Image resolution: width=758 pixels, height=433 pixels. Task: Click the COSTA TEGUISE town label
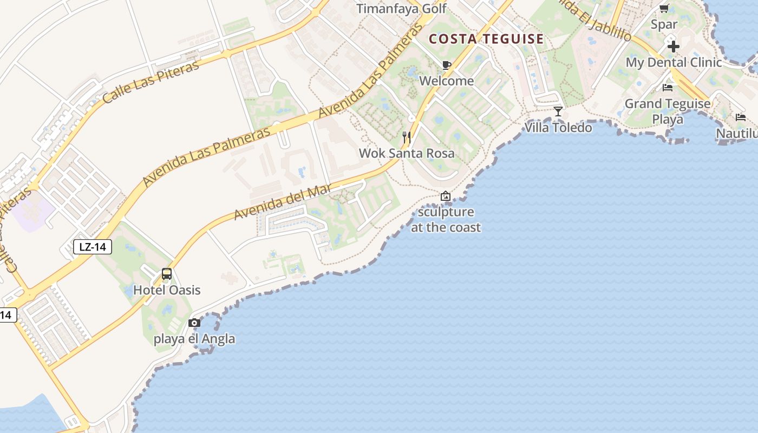pyautogui.click(x=486, y=39)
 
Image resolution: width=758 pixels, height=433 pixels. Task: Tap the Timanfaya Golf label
pyautogui.click(x=402, y=9)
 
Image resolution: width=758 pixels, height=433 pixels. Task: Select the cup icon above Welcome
pyautogui.click(x=446, y=65)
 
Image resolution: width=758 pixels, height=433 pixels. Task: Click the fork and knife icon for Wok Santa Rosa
pyautogui.click(x=407, y=137)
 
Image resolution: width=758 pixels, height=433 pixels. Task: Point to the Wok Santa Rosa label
pyautogui.click(x=407, y=153)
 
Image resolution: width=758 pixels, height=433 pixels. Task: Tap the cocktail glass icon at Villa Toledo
pyautogui.click(x=558, y=111)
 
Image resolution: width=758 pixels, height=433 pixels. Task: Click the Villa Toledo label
pyautogui.click(x=558, y=128)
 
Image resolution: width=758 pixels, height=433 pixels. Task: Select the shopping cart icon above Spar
pyautogui.click(x=664, y=8)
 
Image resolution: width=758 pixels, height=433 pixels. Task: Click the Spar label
pyautogui.click(x=664, y=24)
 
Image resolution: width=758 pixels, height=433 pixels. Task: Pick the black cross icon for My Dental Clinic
pyautogui.click(x=674, y=47)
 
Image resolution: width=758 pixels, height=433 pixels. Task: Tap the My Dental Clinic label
pyautogui.click(x=674, y=62)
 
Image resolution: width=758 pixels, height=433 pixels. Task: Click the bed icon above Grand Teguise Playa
pyautogui.click(x=668, y=87)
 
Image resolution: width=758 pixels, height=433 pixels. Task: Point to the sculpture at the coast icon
pyautogui.click(x=446, y=196)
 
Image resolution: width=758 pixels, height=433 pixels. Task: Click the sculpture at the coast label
pyautogui.click(x=446, y=220)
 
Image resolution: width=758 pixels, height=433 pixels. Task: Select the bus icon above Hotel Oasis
pyautogui.click(x=167, y=274)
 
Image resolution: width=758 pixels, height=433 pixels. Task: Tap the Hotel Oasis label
pyautogui.click(x=167, y=290)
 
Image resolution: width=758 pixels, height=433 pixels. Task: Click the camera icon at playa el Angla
pyautogui.click(x=194, y=323)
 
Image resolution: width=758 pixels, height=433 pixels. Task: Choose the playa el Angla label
pyautogui.click(x=194, y=339)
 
